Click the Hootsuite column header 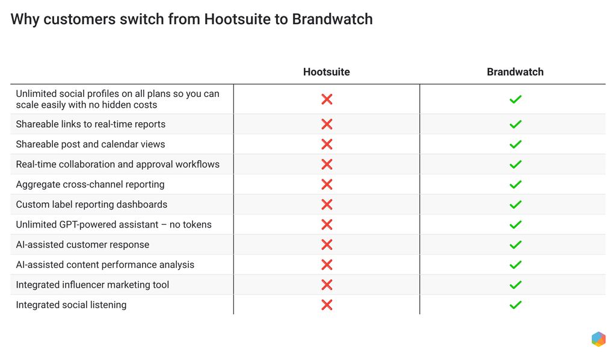(x=326, y=72)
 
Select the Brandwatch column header (x=515, y=72)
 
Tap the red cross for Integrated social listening (x=327, y=305)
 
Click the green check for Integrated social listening (x=515, y=305)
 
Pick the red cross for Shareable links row (x=327, y=124)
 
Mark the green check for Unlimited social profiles (x=515, y=99)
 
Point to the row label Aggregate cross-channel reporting (x=90, y=184)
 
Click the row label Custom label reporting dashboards (x=91, y=205)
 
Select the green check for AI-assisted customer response (x=515, y=244)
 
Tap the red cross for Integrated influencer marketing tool (x=327, y=285)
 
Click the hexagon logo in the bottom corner (x=598, y=339)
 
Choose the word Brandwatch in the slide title (x=332, y=19)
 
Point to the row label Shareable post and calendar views (x=90, y=144)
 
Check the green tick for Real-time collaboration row (x=515, y=164)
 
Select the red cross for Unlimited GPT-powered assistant (x=327, y=225)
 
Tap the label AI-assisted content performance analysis (x=105, y=265)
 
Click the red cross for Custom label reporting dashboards (x=327, y=205)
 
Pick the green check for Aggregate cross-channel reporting (x=515, y=184)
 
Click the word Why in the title (x=25, y=19)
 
